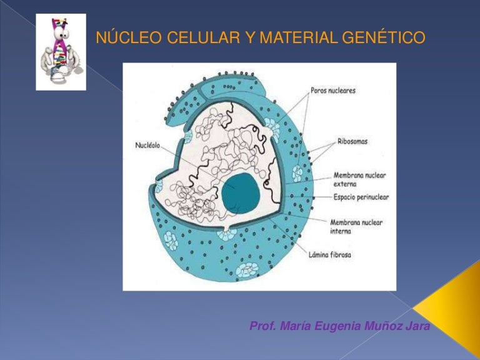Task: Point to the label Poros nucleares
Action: (x=333, y=91)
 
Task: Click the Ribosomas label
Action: (x=352, y=141)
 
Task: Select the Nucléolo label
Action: (x=147, y=146)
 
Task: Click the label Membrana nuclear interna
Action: (x=356, y=226)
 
